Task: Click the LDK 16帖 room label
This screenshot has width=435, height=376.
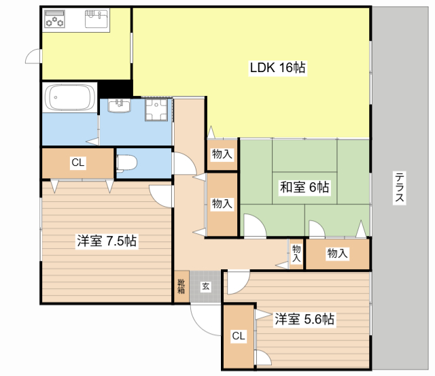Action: click(277, 68)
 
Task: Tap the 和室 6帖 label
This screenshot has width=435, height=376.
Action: click(304, 187)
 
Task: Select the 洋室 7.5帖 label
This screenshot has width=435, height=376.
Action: click(107, 241)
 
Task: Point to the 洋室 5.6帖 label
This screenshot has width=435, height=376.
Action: click(304, 319)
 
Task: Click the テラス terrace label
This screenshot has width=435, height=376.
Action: click(400, 187)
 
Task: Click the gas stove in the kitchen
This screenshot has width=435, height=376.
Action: click(54, 19)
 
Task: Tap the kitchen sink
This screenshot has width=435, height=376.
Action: click(97, 19)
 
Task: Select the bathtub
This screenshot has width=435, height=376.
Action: click(69, 97)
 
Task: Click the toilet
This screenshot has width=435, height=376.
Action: click(127, 163)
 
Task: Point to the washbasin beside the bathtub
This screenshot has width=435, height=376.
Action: click(120, 105)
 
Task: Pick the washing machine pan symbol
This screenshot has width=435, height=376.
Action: click(156, 110)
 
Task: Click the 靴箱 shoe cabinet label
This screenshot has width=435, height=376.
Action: click(181, 286)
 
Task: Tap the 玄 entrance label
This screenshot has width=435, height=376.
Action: click(205, 286)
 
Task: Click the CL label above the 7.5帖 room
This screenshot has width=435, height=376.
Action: click(78, 163)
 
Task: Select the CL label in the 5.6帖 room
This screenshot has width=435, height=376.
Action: click(239, 336)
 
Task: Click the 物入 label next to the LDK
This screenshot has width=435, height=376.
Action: click(222, 154)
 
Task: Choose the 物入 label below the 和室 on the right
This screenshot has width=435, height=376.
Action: click(337, 253)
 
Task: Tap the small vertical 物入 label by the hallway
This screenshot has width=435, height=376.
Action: click(296, 254)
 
